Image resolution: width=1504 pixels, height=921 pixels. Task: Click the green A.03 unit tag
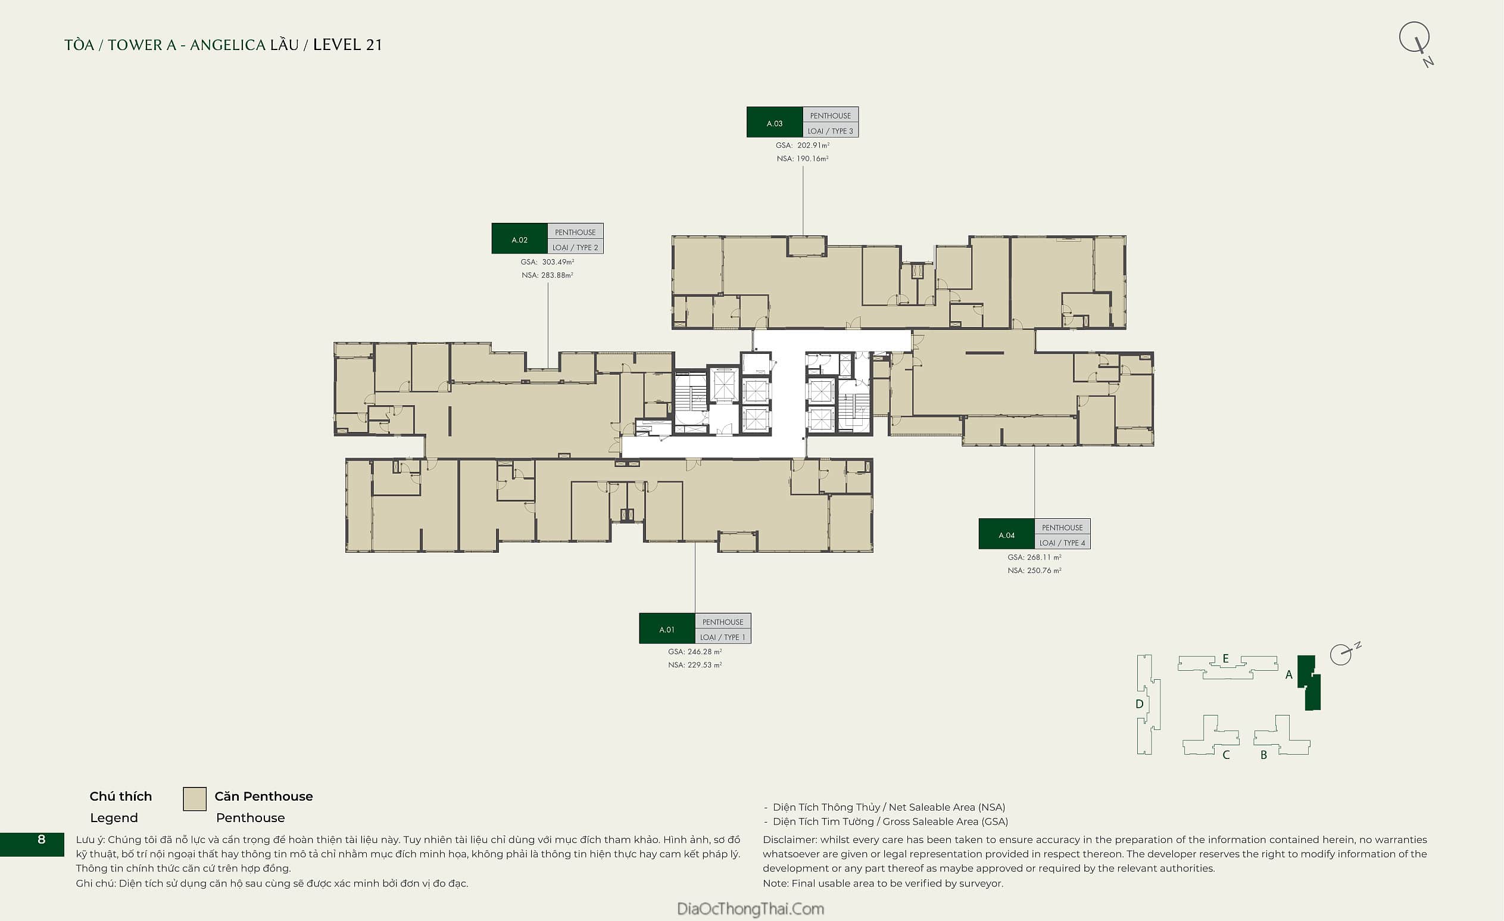click(x=775, y=122)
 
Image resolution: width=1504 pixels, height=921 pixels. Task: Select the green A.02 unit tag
click(x=519, y=239)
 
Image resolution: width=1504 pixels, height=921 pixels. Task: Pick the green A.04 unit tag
click(x=1006, y=534)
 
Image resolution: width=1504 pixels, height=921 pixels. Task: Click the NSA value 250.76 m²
click(x=1044, y=571)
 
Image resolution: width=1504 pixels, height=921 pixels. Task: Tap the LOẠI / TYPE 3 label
click(x=830, y=130)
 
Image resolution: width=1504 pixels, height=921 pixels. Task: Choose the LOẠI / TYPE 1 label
click(x=723, y=637)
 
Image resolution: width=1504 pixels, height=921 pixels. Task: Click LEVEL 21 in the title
click(x=347, y=45)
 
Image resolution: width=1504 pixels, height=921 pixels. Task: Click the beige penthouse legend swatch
click(x=195, y=799)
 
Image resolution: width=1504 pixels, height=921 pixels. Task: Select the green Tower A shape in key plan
click(x=1310, y=682)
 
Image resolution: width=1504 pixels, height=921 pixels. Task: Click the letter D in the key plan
click(x=1139, y=704)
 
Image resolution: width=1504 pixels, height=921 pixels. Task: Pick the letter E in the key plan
click(x=1225, y=658)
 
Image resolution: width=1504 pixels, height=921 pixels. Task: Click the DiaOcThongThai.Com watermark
click(x=751, y=908)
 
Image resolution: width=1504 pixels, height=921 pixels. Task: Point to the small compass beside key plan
click(x=1343, y=654)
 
